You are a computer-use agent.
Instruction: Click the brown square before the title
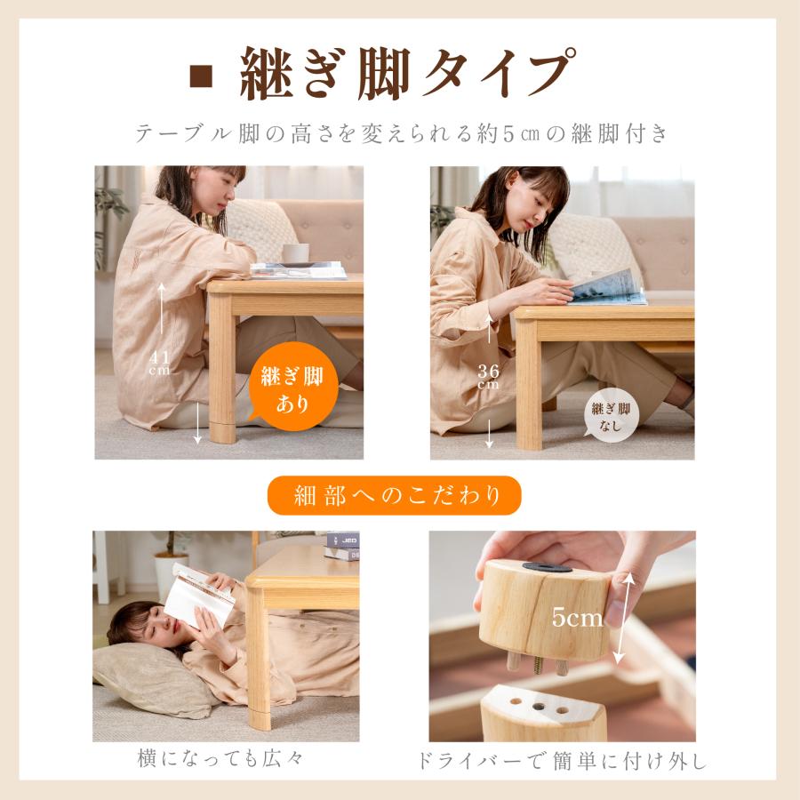202,76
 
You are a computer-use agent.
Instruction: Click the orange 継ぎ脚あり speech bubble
292,388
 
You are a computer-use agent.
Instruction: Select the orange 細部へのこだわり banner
394,496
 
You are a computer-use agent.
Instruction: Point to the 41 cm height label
160,362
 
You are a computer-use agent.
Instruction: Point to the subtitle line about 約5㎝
400,134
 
